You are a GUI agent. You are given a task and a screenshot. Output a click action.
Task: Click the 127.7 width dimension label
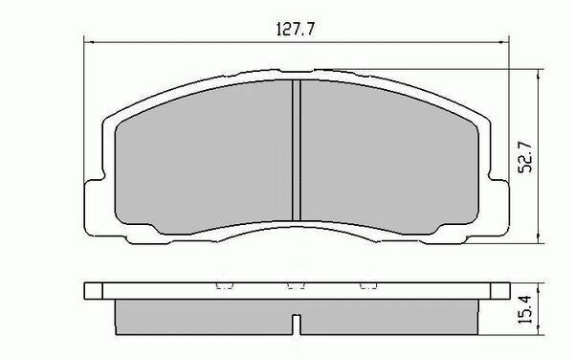click(x=294, y=28)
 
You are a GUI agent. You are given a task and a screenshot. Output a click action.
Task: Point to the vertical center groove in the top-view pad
click(x=297, y=150)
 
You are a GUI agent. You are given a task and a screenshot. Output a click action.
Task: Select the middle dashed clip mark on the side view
click(x=298, y=285)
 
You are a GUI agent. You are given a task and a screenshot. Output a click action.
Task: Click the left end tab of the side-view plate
click(x=93, y=289)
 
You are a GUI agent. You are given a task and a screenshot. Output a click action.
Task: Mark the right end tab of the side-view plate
click(x=500, y=289)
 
